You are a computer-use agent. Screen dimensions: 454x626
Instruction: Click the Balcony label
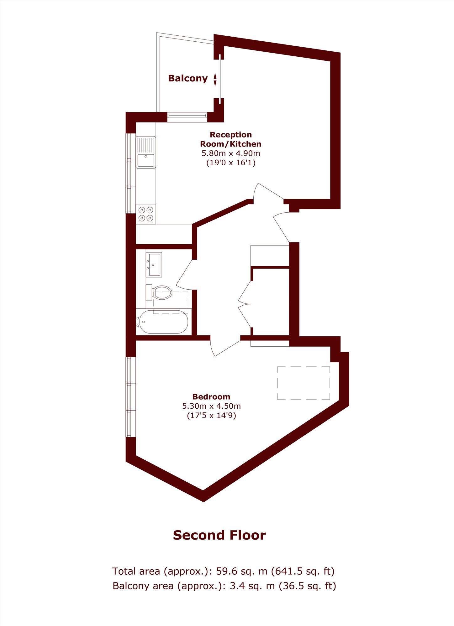point(188,78)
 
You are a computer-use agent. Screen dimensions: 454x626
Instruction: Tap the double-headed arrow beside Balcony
point(215,80)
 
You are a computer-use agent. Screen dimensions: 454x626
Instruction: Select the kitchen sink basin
point(146,160)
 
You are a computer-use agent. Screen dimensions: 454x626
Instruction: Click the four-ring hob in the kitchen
point(146,214)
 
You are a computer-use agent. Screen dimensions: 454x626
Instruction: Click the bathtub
point(163,322)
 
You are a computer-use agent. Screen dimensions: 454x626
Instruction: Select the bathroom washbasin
point(154,265)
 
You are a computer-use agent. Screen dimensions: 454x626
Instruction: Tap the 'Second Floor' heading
point(219,535)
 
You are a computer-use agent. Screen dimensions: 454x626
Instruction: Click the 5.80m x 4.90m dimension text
point(231,153)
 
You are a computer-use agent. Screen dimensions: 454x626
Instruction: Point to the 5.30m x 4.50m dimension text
point(211,406)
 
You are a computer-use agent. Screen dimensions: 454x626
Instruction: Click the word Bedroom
point(211,397)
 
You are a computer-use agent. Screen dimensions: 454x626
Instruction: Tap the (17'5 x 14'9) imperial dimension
point(211,416)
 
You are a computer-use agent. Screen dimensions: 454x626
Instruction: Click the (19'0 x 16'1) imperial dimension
point(231,163)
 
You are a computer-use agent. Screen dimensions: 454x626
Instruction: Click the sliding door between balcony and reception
point(220,79)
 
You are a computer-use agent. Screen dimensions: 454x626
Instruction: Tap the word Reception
point(231,135)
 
